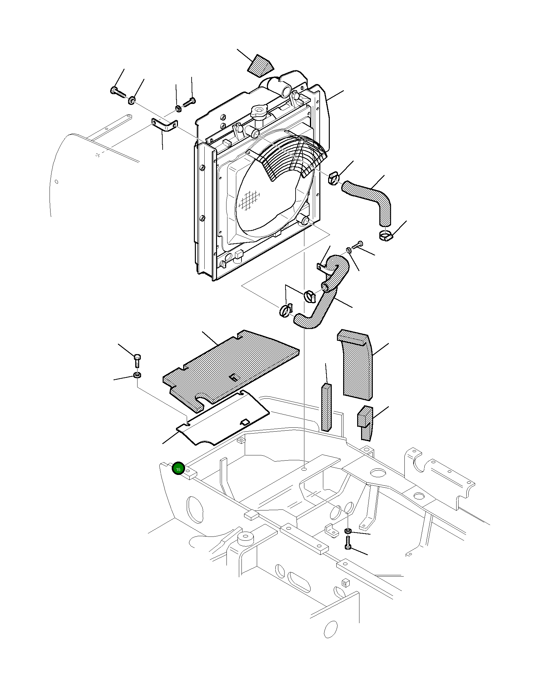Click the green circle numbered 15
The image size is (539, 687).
pos(178,469)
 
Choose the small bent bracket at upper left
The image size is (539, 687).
pos(165,126)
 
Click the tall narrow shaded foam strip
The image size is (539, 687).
pos(326,407)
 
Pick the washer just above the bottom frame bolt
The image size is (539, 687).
pos(348,531)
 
